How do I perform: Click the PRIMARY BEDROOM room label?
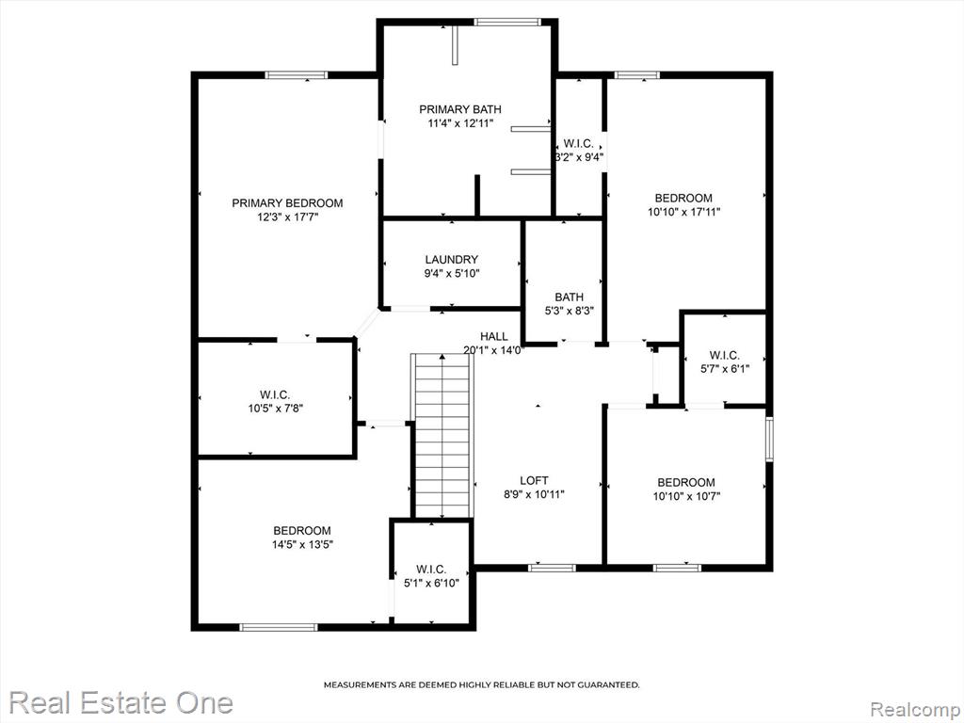click(x=287, y=203)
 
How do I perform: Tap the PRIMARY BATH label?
click(x=460, y=109)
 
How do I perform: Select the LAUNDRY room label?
click(x=451, y=260)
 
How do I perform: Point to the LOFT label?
click(x=534, y=480)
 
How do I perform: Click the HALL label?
click(x=494, y=336)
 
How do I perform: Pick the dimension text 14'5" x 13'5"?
click(x=302, y=544)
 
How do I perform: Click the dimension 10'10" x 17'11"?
click(x=683, y=212)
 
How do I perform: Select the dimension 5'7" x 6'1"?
click(x=725, y=369)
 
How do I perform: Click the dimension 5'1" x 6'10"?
click(x=431, y=583)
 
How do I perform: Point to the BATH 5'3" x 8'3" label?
click(x=570, y=304)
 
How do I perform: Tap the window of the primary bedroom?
click(x=297, y=75)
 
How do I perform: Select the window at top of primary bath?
click(x=507, y=23)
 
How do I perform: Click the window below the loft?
click(x=552, y=568)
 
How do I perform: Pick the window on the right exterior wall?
click(x=769, y=439)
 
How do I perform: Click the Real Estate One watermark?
click(x=121, y=702)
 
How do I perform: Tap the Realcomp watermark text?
click(x=915, y=709)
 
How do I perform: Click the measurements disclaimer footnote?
click(x=481, y=684)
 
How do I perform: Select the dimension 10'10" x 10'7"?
click(x=686, y=496)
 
